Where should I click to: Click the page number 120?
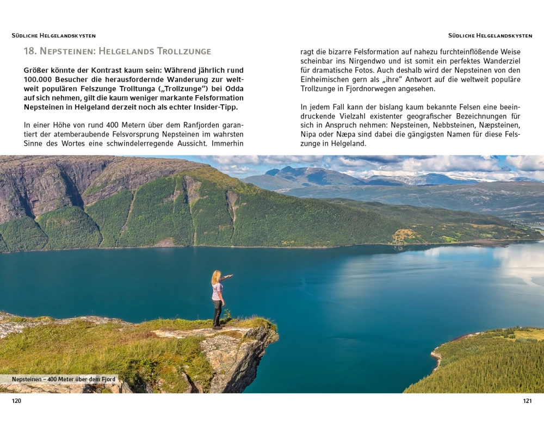click(16, 401)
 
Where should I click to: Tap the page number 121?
click(527, 401)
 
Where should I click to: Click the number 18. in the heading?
click(30, 51)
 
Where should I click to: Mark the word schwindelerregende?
click(131, 144)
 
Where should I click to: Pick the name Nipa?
click(309, 135)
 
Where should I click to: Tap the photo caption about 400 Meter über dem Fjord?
click(64, 379)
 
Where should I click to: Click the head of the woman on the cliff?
click(216, 275)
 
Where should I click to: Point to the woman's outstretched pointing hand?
click(231, 277)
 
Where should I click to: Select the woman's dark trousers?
click(217, 313)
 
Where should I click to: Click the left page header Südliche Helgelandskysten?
click(53, 36)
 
